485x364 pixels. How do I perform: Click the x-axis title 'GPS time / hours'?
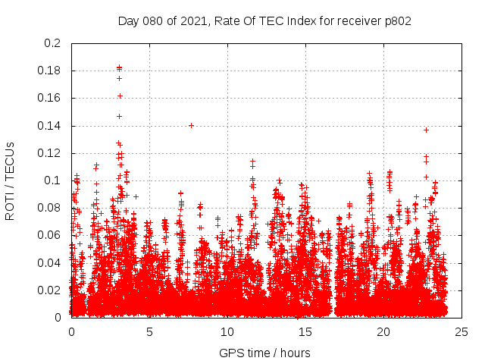264,353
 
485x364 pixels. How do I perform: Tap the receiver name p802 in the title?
396,20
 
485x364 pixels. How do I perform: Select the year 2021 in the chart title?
194,20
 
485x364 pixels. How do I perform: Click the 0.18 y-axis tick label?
50,71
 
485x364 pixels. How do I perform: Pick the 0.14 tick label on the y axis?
50,126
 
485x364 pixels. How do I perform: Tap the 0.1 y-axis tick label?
53,180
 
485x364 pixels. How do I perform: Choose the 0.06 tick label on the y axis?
50,235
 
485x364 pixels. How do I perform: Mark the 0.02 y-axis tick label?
50,290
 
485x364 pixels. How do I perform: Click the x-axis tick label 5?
149,331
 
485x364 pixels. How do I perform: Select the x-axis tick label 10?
227,331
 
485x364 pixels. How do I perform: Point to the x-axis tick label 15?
305,331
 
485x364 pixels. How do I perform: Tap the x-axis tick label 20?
383,331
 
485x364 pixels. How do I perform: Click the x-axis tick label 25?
462,331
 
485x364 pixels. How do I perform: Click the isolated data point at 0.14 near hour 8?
191,125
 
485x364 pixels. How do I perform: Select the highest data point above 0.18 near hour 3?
119,67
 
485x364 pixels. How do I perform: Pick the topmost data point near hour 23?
426,130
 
